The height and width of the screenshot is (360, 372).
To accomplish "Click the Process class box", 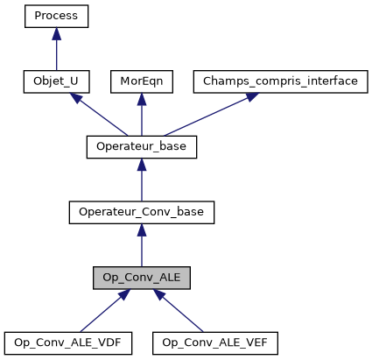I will click(56, 16).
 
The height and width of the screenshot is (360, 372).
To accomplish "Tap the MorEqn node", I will click(141, 81).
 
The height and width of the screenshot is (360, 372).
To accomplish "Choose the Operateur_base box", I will click(141, 146).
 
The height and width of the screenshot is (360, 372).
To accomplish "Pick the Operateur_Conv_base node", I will click(141, 212).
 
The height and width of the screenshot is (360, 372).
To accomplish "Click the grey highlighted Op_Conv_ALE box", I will click(141, 278).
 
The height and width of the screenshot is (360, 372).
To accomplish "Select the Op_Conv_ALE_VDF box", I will click(67, 342).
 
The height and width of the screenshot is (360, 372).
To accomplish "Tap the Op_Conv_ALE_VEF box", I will click(214, 342).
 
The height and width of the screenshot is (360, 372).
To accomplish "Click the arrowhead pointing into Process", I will click(56, 33).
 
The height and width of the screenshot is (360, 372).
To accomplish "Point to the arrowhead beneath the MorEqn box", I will click(141, 99).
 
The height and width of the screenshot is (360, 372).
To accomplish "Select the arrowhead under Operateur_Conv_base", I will click(141, 229).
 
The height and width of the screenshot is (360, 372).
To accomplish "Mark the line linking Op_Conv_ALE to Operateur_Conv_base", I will click(141, 251).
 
